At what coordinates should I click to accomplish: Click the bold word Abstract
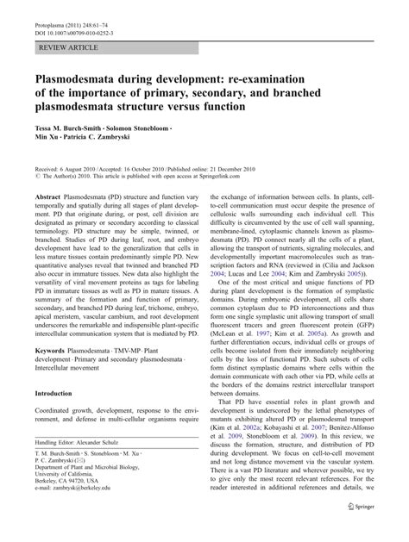(x=48, y=196)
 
